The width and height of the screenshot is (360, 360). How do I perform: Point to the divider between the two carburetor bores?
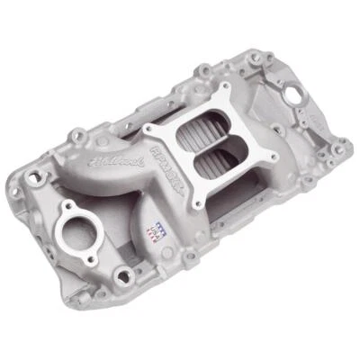[x=209, y=149]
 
